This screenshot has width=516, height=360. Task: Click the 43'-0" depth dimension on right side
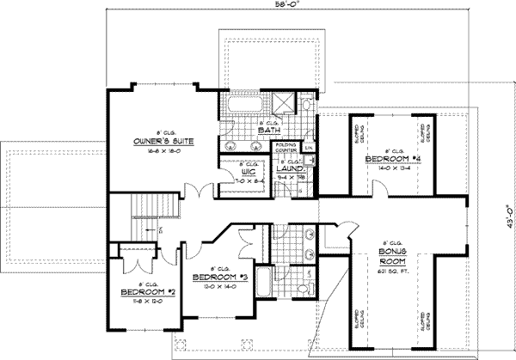[x=507, y=209]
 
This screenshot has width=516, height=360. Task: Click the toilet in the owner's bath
[x=306, y=106]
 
